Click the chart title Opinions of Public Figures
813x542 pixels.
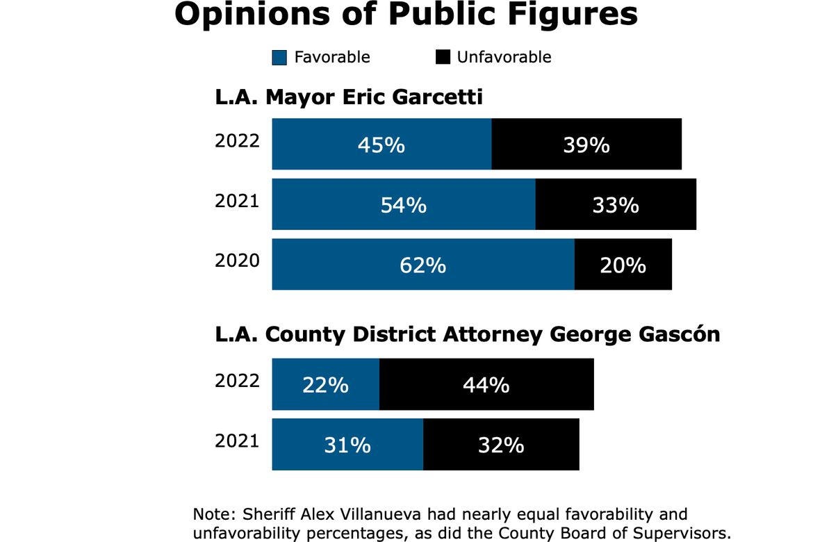(406, 15)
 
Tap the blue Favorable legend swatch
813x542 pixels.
(279, 58)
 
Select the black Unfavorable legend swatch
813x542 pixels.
(443, 58)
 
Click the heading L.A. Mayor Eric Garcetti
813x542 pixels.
(348, 97)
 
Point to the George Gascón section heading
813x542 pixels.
(467, 334)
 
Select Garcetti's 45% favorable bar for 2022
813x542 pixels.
(381, 145)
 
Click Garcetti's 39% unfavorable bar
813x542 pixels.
(586, 145)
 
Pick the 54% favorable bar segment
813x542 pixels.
(403, 205)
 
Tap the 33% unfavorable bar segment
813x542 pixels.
(616, 205)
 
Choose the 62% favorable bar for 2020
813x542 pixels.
(422, 265)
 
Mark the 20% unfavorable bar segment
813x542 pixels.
(623, 265)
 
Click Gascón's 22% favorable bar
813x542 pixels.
(325, 384)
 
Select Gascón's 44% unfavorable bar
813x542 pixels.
(486, 384)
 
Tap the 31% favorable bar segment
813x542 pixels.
(347, 445)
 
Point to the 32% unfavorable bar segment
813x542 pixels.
(501, 445)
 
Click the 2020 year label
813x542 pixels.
(237, 261)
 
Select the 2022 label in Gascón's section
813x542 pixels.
(237, 380)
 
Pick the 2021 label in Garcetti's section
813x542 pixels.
(237, 201)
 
